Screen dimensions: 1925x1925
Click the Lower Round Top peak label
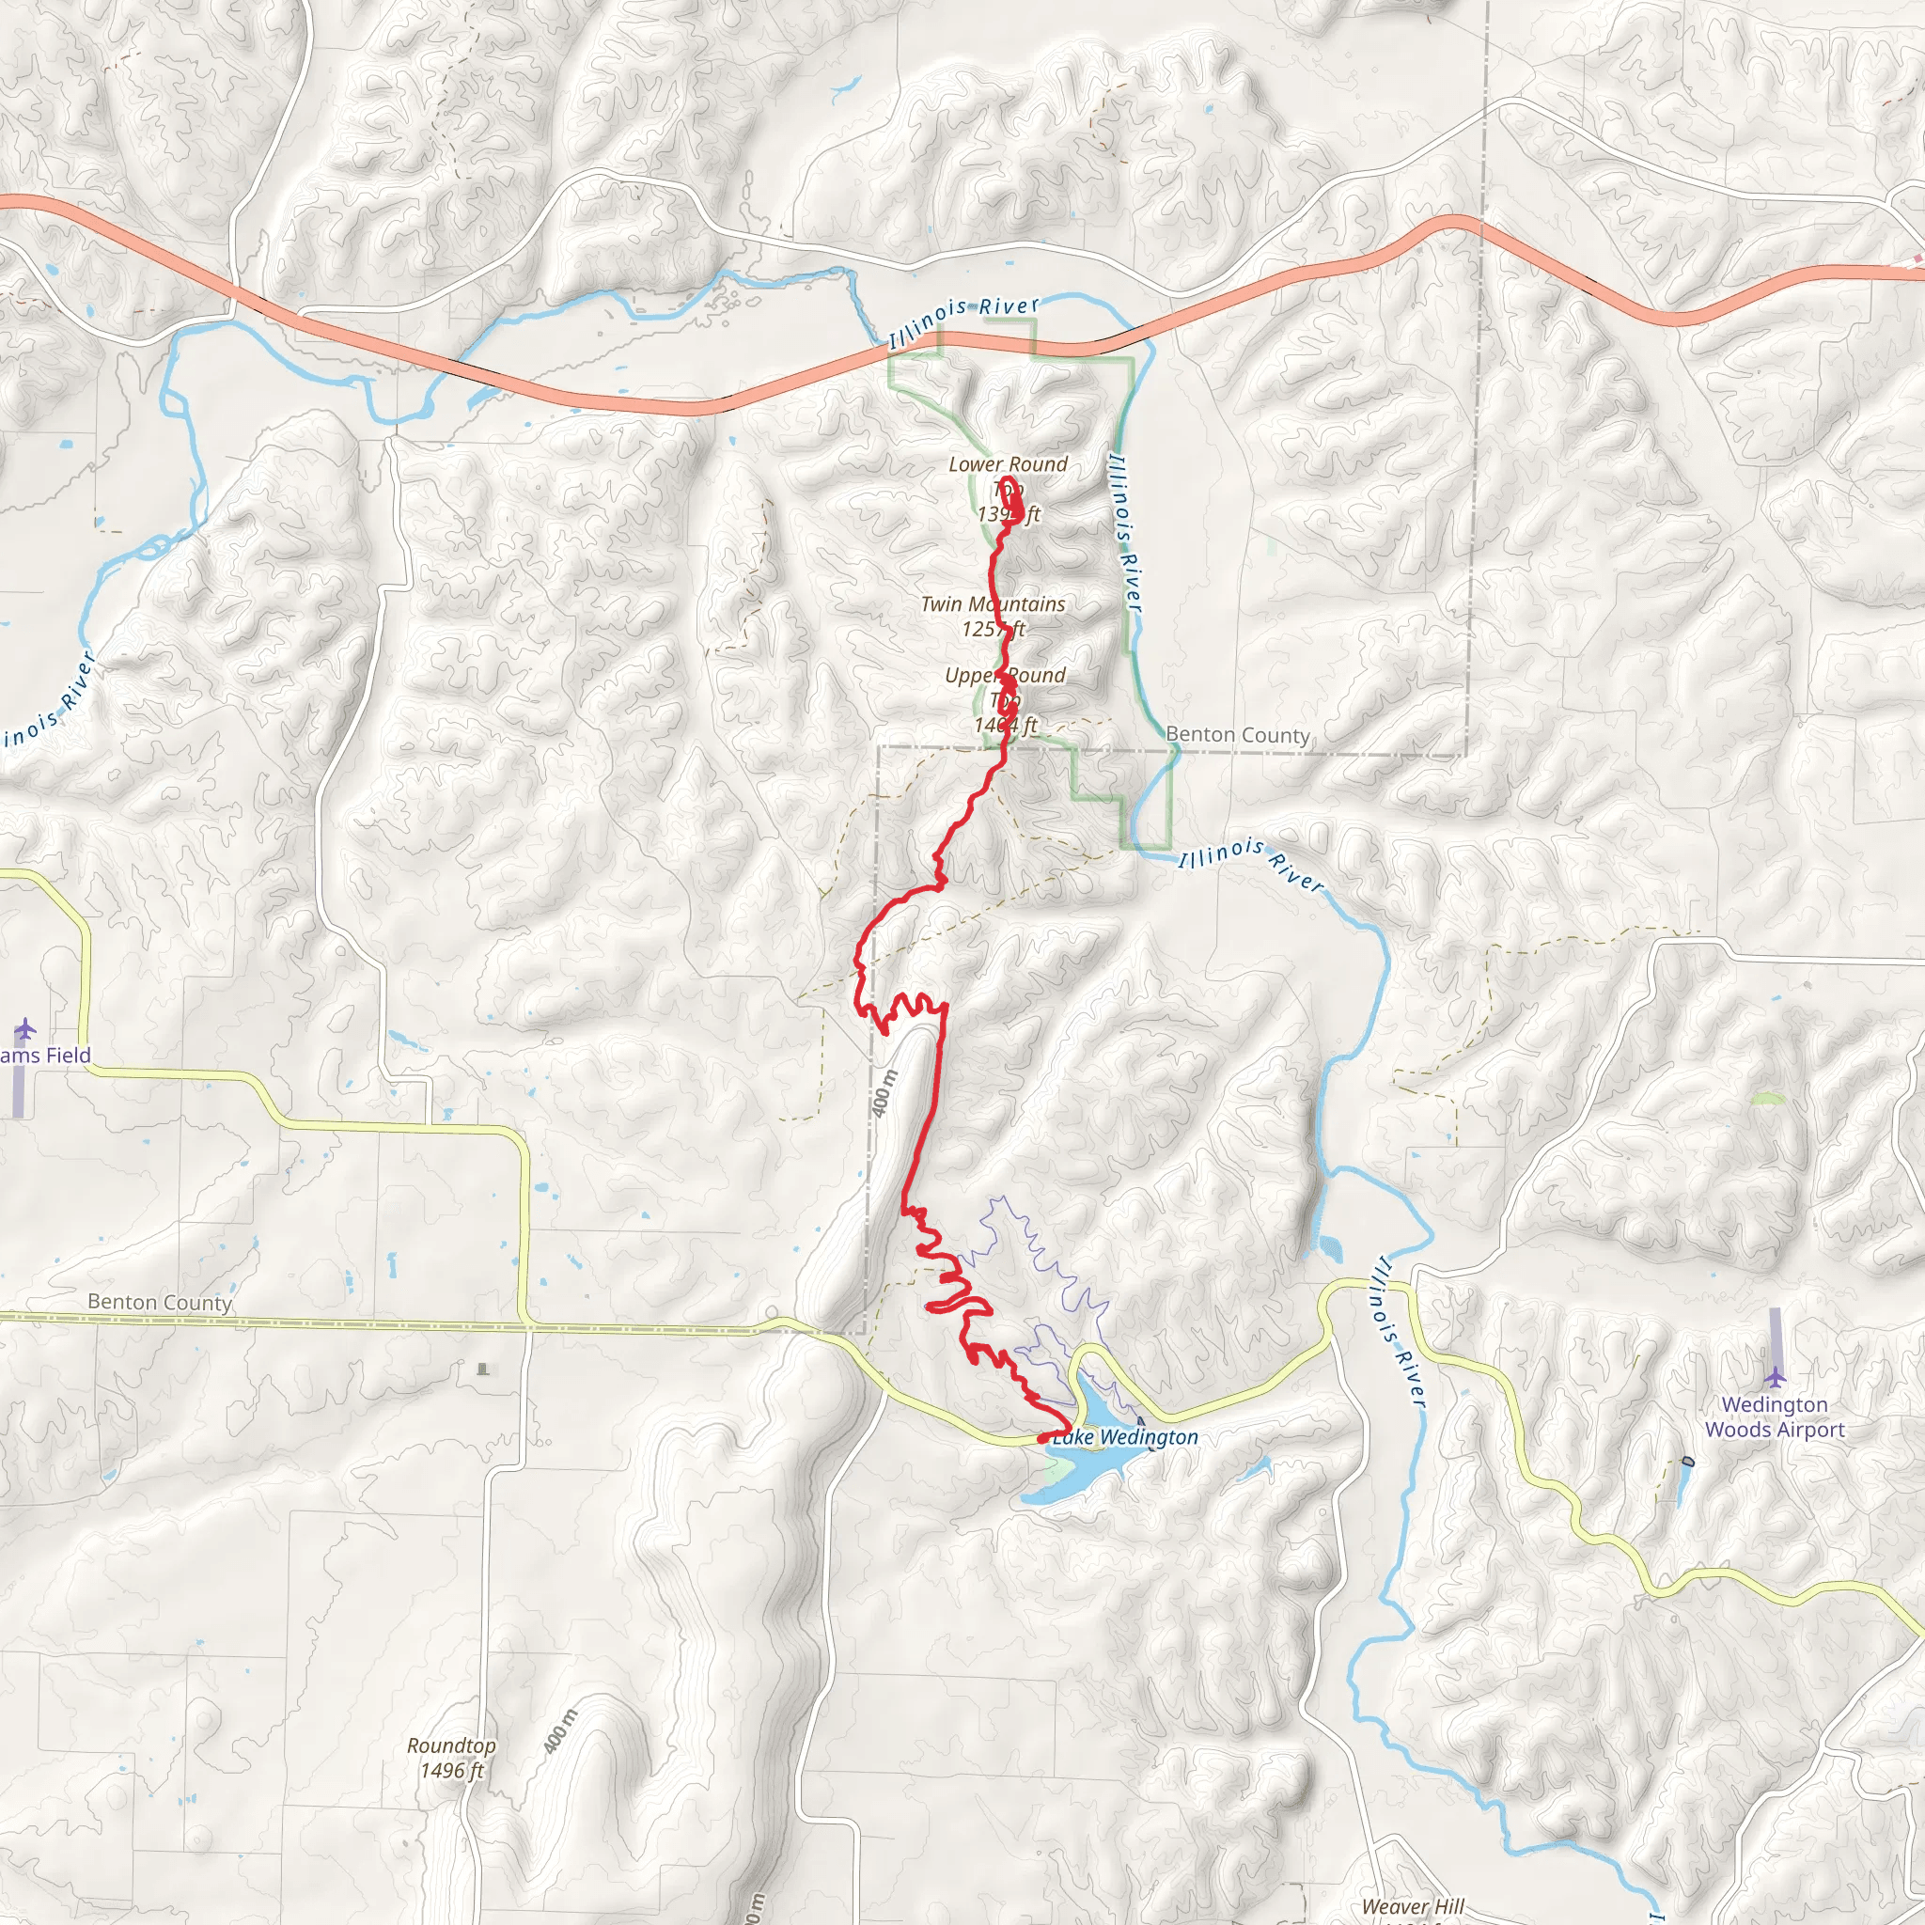click(x=1008, y=488)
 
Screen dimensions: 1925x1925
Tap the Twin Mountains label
click(x=993, y=616)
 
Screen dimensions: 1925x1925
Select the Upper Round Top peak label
click(x=1006, y=699)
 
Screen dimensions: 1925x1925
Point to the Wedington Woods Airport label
click(x=1775, y=1416)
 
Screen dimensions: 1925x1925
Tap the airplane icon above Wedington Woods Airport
click(x=1775, y=1378)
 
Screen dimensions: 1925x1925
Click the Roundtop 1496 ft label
click(x=451, y=1758)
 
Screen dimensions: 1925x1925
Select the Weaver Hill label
click(x=1413, y=1906)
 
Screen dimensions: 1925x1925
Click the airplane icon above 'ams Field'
click(x=25, y=1027)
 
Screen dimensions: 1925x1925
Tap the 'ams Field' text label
click(x=45, y=1056)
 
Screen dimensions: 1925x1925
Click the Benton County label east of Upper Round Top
click(x=1238, y=734)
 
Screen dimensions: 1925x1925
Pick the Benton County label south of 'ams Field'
click(x=160, y=1301)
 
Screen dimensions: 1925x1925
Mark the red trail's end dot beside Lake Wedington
click(x=1041, y=1439)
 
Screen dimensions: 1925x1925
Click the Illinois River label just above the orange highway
click(x=963, y=319)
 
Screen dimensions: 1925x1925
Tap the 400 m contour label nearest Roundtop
click(x=561, y=1731)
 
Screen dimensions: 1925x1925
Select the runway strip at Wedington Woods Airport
click(x=1775, y=1334)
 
